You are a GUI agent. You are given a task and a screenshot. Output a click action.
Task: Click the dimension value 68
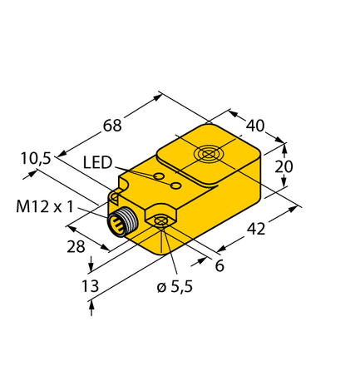tap(112, 126)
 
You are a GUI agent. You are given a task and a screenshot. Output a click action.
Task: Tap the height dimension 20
tap(283, 166)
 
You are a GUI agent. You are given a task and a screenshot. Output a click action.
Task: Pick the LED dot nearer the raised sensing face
tap(175, 186)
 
